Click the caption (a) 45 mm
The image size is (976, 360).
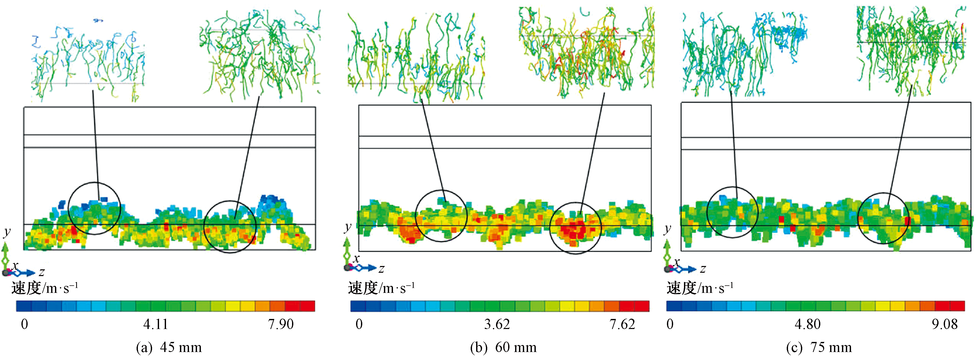click(169, 347)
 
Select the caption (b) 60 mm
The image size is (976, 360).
click(503, 347)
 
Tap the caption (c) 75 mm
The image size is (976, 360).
click(819, 347)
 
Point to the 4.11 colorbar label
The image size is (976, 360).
click(155, 324)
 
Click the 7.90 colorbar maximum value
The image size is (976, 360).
click(281, 324)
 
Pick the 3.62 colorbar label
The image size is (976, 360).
click(497, 324)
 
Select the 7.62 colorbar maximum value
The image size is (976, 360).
click(622, 324)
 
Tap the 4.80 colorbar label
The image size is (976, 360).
click(808, 324)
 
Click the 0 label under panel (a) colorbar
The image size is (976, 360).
click(24, 324)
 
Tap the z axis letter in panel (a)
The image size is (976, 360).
click(42, 272)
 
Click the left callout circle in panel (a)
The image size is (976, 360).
click(94, 208)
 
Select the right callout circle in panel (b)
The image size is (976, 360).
click(575, 228)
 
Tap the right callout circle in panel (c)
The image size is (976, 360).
click(883, 218)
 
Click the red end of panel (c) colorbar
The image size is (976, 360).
click(957, 306)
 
